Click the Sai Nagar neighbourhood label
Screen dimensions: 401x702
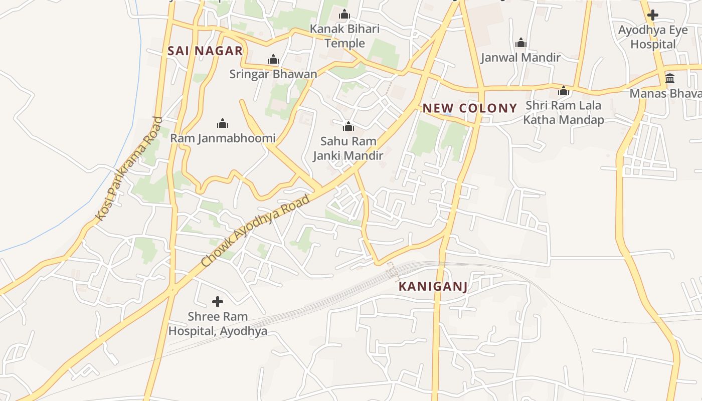pyautogui.click(x=205, y=51)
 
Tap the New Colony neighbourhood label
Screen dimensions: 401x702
pyautogui.click(x=469, y=108)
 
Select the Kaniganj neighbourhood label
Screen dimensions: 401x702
pyautogui.click(x=433, y=287)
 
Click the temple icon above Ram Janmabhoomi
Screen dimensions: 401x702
pyautogui.click(x=223, y=123)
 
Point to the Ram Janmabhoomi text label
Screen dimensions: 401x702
pyautogui.click(x=223, y=138)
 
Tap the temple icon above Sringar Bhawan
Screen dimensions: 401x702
pyautogui.click(x=273, y=60)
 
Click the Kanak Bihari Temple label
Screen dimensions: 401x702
pyautogui.click(x=344, y=36)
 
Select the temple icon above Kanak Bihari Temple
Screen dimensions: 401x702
pyautogui.click(x=344, y=14)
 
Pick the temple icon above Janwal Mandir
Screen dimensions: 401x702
pyautogui.click(x=521, y=43)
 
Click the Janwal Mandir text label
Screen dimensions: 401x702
pyautogui.click(x=520, y=58)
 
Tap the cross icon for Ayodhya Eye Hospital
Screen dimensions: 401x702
pyautogui.click(x=652, y=15)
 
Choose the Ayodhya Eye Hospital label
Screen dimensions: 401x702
pyautogui.click(x=653, y=37)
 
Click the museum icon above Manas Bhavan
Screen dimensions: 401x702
pyautogui.click(x=670, y=78)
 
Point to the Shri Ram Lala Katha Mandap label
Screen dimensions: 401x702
pyautogui.click(x=563, y=113)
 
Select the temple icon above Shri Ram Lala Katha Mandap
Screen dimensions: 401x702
pyautogui.click(x=564, y=91)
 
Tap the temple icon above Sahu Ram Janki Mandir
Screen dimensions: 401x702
pyautogui.click(x=348, y=126)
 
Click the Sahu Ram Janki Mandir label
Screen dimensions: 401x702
pyautogui.click(x=348, y=148)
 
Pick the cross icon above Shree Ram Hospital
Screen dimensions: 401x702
pyautogui.click(x=218, y=302)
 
